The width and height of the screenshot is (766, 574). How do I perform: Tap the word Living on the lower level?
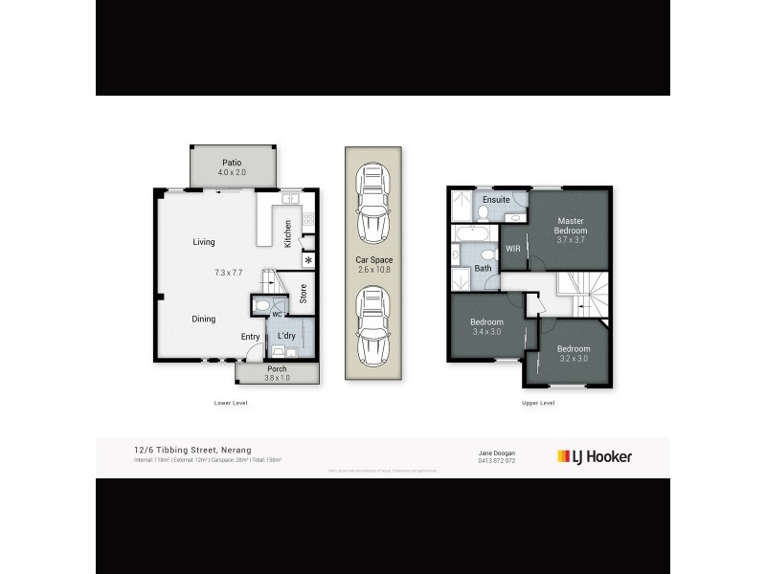coord(203,242)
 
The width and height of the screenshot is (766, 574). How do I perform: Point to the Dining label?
coord(203,319)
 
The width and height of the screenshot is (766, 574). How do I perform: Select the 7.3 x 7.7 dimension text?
coord(231,273)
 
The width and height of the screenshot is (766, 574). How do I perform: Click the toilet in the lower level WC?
coord(262,306)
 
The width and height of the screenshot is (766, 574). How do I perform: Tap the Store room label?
coord(303,294)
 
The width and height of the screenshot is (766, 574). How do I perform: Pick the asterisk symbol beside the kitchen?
coord(308,260)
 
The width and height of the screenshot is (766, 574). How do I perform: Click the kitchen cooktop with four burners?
coord(308,219)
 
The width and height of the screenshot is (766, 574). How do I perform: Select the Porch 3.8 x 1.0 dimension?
coord(277,378)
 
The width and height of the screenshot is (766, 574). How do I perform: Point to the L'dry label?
coord(285,336)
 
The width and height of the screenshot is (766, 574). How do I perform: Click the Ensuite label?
coord(496,200)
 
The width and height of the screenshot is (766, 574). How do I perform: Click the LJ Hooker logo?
coord(595,456)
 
